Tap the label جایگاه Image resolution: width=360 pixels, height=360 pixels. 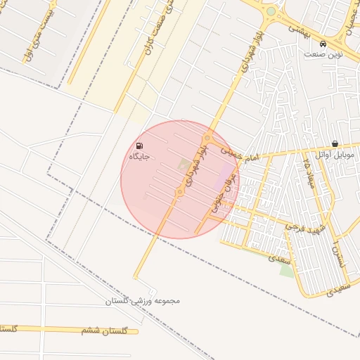[139, 156]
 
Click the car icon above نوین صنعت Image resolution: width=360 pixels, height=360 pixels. [323, 41]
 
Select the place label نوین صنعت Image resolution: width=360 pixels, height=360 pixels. [323, 53]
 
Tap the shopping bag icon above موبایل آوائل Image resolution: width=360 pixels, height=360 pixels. [335, 143]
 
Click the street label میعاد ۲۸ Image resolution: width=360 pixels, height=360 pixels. [307, 173]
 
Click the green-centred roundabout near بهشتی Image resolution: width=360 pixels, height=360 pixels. [271, 12]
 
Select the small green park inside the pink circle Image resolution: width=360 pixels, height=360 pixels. [185, 164]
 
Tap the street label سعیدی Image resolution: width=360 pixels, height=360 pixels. [281, 258]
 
